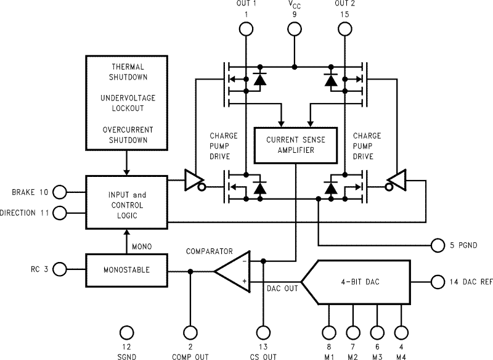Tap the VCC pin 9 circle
tap(295, 28)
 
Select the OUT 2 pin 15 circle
tap(344, 28)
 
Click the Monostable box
tap(126, 270)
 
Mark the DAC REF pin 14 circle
tap(438, 282)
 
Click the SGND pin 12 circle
tap(126, 333)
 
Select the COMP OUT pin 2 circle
tap(190, 333)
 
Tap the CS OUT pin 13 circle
tap(264, 333)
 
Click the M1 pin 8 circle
tap(328, 333)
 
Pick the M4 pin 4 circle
tap(401, 333)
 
